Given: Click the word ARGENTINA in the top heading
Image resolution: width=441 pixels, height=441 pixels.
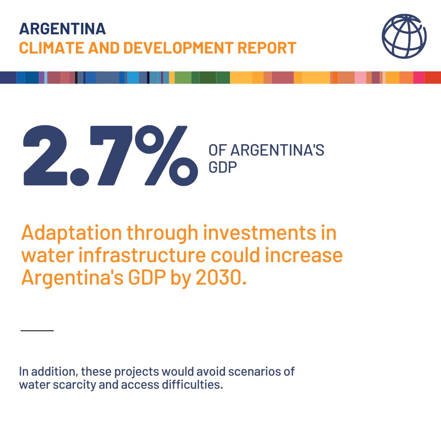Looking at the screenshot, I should [62, 29].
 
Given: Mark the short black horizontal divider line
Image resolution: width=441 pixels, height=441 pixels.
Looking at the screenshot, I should [37, 330].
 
